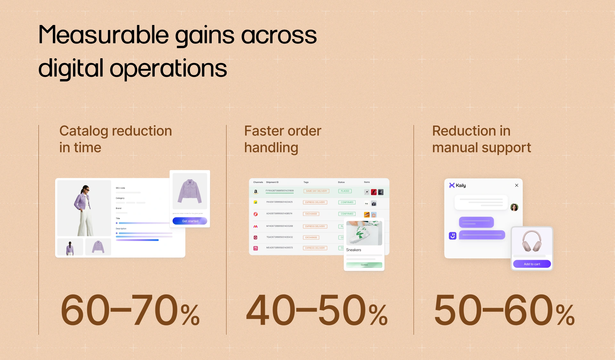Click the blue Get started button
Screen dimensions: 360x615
coord(190,221)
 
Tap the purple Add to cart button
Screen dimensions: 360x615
coord(532,264)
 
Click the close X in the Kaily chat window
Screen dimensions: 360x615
coord(516,185)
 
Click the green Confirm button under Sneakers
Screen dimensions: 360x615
coord(364,265)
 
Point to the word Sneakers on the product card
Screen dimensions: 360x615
coord(354,250)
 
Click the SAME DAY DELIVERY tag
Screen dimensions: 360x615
coord(316,191)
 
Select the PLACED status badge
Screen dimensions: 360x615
coord(345,191)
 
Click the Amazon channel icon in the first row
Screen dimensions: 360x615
coord(256,192)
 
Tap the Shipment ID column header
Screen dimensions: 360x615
coord(272,182)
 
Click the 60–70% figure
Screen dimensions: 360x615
coord(130,310)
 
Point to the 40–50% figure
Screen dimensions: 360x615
coord(316,310)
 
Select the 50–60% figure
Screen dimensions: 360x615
coord(504,310)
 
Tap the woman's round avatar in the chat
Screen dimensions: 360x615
coord(514,207)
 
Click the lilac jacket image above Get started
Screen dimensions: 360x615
coord(190,191)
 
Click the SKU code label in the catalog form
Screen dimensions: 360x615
coord(120,188)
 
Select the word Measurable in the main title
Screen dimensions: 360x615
coord(103,35)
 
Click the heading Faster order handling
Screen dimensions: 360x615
coord(283,139)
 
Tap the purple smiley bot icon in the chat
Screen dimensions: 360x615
coord(452,236)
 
